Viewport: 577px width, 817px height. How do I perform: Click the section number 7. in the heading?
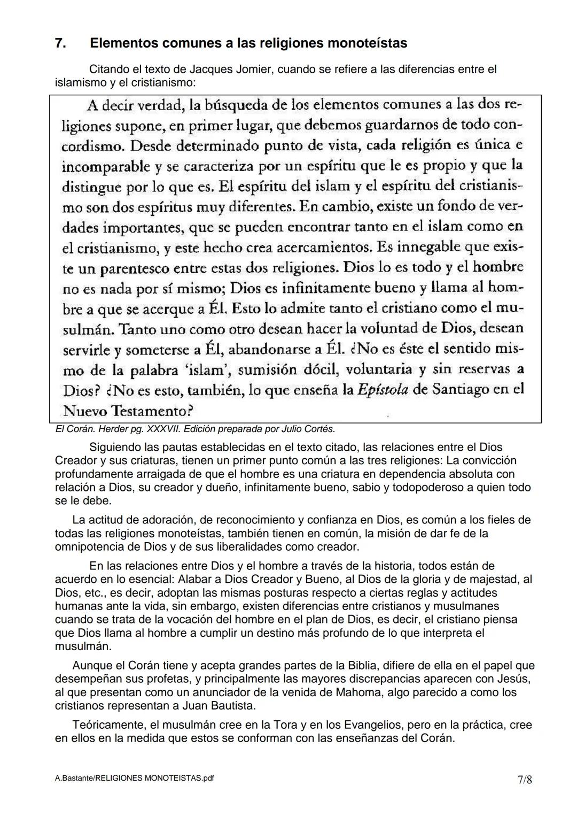(x=61, y=43)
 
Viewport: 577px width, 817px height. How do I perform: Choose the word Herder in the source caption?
(x=112, y=429)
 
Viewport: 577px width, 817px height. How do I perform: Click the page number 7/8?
(x=524, y=780)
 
